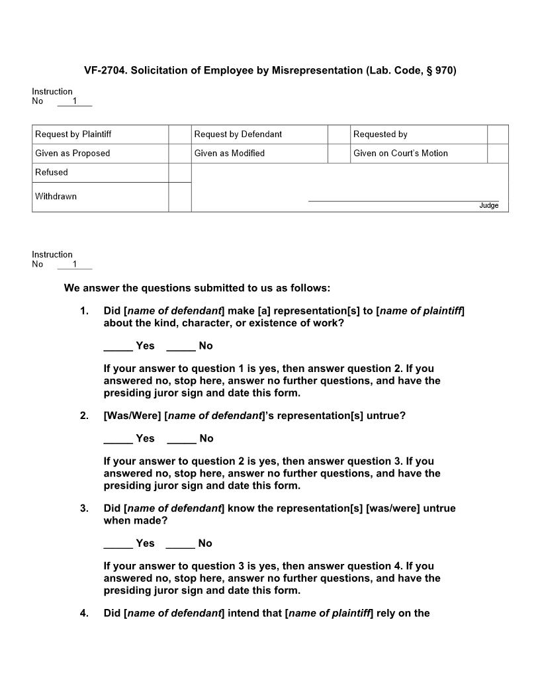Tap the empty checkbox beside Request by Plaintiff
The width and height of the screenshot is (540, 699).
(179, 134)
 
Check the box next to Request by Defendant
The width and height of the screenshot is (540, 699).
(339, 134)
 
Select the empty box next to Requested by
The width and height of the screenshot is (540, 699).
(498, 134)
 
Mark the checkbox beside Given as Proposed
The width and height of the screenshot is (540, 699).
(179, 154)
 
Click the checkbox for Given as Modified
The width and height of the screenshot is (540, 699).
(339, 154)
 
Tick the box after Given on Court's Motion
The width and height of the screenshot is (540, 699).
(498, 154)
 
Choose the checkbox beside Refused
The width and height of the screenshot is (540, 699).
(179, 173)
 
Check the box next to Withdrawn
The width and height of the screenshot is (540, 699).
(179, 197)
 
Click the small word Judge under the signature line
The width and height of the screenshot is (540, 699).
(488, 206)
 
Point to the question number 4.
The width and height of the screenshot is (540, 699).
(84, 614)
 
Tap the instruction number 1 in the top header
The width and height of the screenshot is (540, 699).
(75, 101)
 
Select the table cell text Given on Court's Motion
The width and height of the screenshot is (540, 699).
(400, 154)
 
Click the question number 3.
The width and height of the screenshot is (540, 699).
(84, 509)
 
